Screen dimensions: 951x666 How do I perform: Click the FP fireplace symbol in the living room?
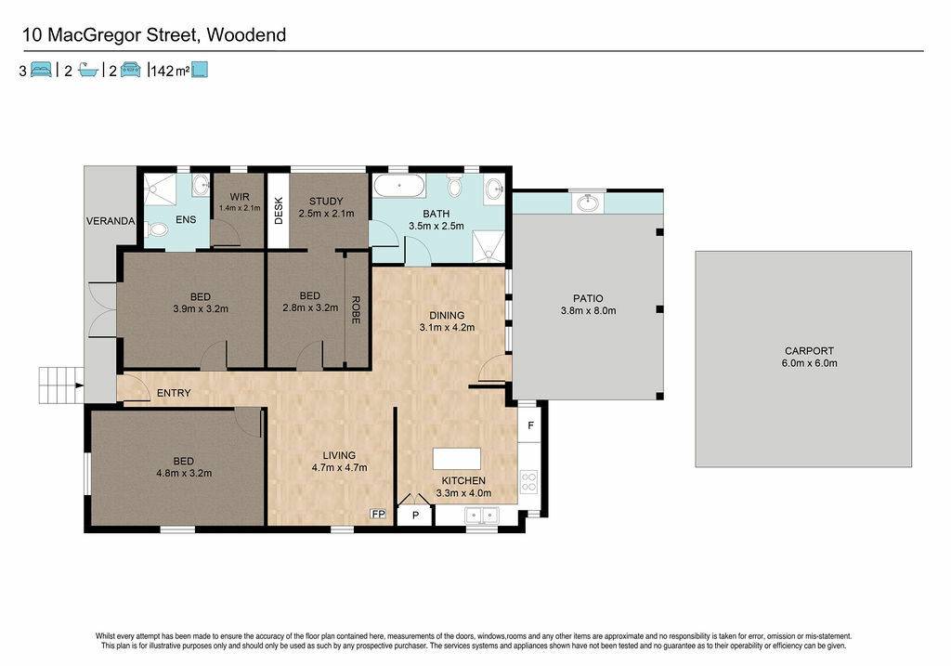tap(378, 514)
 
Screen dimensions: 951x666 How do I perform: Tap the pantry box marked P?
tap(415, 516)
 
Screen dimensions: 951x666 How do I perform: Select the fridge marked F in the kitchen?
tap(529, 425)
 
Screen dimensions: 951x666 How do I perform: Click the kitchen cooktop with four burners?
tap(528, 482)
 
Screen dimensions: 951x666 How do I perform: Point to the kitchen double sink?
tap(482, 516)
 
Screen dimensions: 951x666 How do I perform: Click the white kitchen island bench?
tap(457, 459)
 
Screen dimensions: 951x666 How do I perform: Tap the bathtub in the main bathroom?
tap(399, 185)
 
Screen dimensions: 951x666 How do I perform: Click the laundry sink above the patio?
tap(588, 202)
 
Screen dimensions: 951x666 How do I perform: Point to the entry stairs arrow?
tap(79, 385)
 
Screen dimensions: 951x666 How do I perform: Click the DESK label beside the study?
tap(279, 211)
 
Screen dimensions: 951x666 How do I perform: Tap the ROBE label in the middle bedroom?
tap(356, 309)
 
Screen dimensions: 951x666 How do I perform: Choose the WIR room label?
tap(240, 197)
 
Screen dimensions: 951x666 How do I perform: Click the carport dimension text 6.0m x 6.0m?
tap(809, 363)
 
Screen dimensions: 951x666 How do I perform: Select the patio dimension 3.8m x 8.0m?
tap(588, 310)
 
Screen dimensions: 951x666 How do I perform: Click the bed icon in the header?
tap(41, 70)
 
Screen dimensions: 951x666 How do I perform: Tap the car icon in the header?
tap(130, 70)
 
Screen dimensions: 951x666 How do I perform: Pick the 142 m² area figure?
tap(170, 71)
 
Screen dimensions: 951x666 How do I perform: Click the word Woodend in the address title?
tap(246, 35)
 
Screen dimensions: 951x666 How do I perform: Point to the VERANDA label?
tap(111, 221)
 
